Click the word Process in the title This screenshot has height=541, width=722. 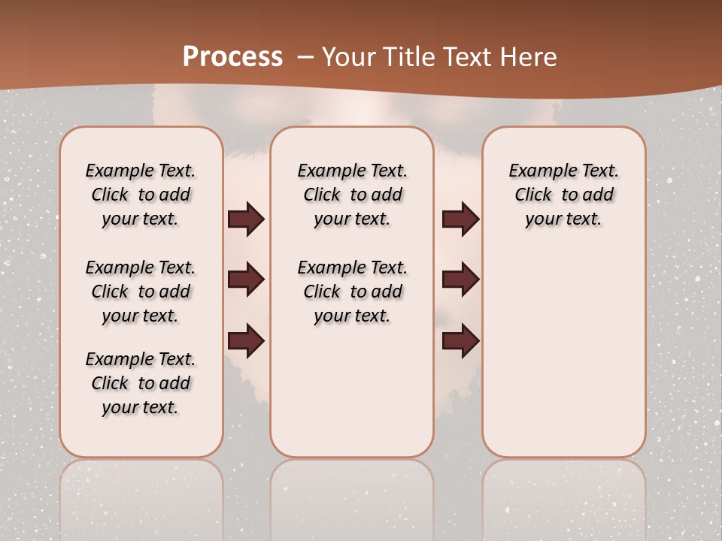(232, 56)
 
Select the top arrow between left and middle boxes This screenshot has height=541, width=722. (246, 219)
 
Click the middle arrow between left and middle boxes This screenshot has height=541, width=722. (246, 280)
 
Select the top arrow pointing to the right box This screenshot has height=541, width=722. (460, 219)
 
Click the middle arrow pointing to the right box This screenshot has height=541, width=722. (460, 280)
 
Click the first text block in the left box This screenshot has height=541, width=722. (141, 195)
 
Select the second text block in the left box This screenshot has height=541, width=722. (141, 292)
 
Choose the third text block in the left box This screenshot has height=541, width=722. (141, 383)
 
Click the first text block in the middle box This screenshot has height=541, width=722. (352, 195)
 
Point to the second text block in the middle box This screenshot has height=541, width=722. (352, 292)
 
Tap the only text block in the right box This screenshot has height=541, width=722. (563, 195)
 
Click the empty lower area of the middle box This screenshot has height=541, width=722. (352, 391)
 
